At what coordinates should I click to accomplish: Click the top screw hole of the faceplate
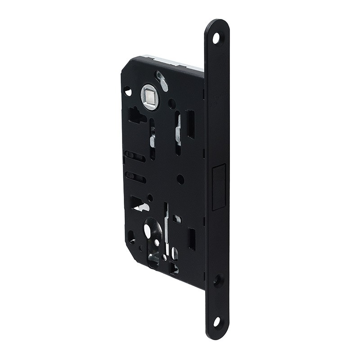point(216,38)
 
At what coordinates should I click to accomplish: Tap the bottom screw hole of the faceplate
point(217,322)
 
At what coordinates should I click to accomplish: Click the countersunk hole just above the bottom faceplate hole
point(218,281)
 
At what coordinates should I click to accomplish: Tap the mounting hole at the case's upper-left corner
point(128,91)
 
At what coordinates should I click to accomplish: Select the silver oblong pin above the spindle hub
point(162,81)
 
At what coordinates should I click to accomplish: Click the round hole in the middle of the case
point(180,179)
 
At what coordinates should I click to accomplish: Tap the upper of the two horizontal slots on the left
point(135,156)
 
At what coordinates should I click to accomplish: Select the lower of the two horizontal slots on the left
point(135,176)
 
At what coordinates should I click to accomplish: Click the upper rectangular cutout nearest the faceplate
point(191,124)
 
